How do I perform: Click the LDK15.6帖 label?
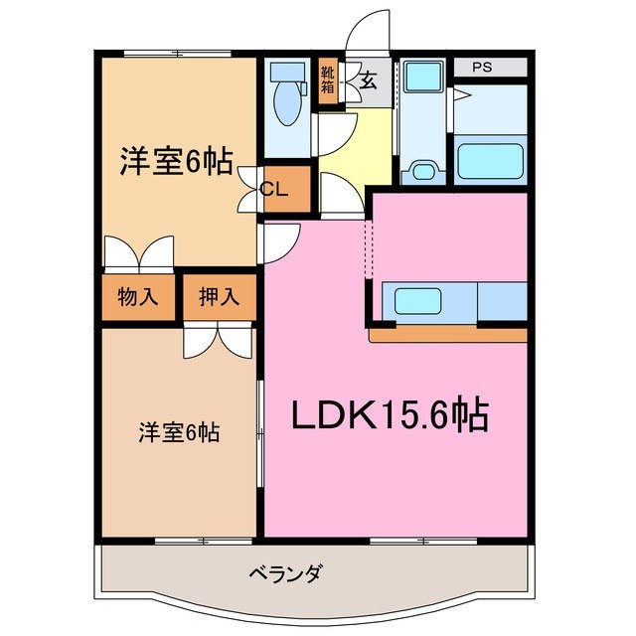tap(389, 415)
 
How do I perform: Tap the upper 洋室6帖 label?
tap(177, 161)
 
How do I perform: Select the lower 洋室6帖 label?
tap(179, 432)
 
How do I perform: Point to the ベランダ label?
tap(286, 573)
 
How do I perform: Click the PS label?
tap(482, 68)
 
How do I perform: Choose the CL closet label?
tap(274, 191)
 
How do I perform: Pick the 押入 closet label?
tap(219, 295)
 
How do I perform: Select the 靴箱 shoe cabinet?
tap(327, 80)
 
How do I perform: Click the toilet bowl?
tap(288, 104)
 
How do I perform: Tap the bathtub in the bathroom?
tap(489, 160)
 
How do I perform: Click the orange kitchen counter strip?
tap(447, 335)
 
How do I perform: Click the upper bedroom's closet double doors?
tap(139, 252)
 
